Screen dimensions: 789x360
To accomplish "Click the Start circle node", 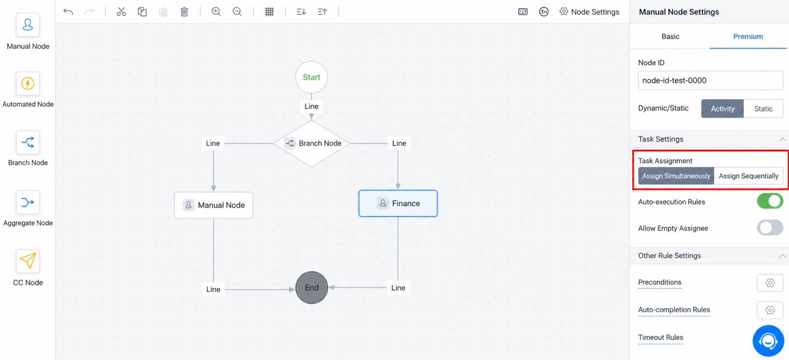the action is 311,77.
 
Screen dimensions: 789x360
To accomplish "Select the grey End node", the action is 312,288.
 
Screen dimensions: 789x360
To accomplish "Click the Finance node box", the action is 398,203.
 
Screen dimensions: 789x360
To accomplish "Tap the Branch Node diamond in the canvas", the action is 311,143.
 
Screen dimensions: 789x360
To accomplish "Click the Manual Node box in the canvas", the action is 213,205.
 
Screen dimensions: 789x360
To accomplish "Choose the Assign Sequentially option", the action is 748,176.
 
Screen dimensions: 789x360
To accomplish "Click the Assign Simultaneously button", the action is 676,176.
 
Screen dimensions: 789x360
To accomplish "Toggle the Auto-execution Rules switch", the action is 770,201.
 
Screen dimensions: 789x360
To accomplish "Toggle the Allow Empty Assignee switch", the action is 770,228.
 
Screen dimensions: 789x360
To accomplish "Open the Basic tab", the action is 670,37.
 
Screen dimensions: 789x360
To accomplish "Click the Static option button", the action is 763,109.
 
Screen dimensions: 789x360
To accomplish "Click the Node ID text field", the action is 710,81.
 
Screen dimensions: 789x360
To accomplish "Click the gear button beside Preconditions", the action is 770,283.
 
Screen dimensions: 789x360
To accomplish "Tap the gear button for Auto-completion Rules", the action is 770,310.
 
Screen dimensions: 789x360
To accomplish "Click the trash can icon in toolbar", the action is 184,12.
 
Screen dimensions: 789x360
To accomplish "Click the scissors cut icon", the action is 121,12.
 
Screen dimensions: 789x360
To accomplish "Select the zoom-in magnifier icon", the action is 216,12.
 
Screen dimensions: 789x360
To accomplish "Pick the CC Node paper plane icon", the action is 28,261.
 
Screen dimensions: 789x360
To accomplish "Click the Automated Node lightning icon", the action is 28,83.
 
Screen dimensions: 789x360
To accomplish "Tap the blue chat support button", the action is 768,341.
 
